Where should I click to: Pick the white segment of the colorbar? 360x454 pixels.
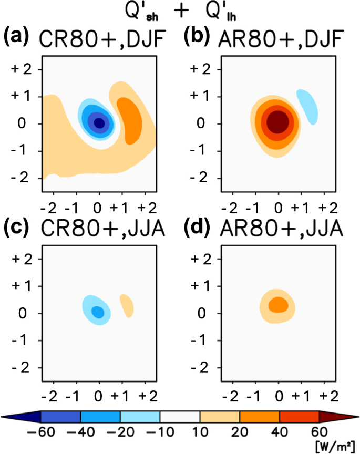(x=180, y=417)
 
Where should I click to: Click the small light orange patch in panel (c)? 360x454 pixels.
(x=127, y=305)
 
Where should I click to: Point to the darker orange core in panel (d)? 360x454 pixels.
(x=278, y=304)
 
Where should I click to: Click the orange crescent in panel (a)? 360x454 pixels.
(x=129, y=116)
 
